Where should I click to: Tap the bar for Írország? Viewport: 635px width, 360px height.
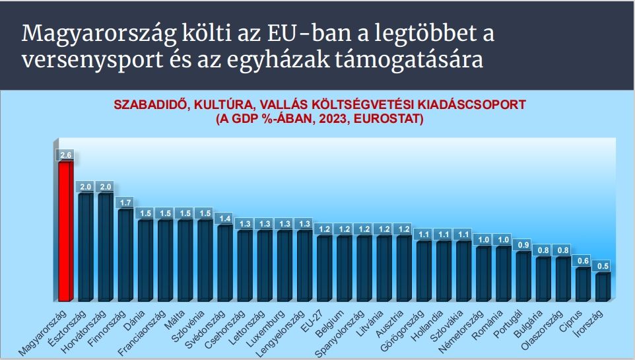tap(603, 286)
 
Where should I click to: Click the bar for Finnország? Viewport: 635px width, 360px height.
tap(125, 254)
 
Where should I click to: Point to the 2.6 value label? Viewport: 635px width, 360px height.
tap(65, 155)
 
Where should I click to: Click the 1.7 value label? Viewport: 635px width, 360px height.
tap(125, 202)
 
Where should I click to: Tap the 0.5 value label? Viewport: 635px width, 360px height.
tap(603, 266)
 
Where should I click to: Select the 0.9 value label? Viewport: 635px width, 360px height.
tap(523, 245)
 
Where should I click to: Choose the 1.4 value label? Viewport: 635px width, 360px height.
tap(224, 218)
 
